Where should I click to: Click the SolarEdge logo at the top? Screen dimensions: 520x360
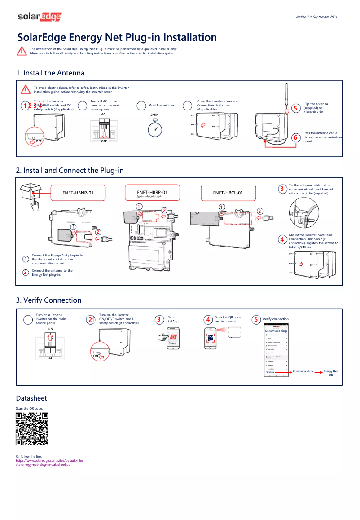tap(40, 17)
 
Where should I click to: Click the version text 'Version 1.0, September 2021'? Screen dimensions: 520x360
tap(316, 17)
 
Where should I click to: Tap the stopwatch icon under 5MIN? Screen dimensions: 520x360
tap(155, 129)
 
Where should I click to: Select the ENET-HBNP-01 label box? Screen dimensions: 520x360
tap(78, 193)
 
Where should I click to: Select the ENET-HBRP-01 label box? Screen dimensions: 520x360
tap(152, 193)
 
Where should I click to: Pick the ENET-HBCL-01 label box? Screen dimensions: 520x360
tap(228, 193)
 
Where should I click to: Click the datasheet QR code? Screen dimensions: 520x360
tap(32, 429)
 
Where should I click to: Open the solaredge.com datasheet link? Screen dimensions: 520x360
tap(49, 463)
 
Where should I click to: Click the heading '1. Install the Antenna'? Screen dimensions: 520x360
tap(50, 73)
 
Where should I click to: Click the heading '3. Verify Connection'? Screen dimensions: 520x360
tap(49, 300)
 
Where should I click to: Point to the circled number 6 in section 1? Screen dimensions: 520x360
tap(295, 137)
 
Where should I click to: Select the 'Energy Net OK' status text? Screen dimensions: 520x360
tap(330, 373)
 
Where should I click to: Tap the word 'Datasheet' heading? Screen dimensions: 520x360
tap(31, 398)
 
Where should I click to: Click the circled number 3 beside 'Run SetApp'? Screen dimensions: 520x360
tap(158, 320)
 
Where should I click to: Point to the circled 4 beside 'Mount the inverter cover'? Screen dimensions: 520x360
tap(281, 239)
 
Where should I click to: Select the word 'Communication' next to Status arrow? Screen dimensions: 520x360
tap(303, 371)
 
